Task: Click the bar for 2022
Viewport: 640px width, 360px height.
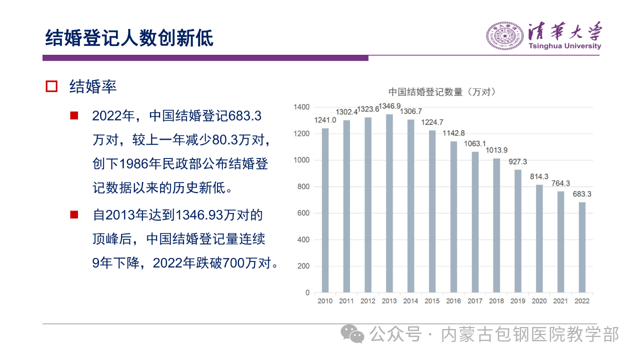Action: tap(582, 247)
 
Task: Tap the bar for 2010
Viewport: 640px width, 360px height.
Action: tap(325, 210)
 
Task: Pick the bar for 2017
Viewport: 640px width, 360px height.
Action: tap(475, 222)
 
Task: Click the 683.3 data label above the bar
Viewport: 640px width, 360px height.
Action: tap(582, 194)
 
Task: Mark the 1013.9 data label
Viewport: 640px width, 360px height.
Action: tap(496, 150)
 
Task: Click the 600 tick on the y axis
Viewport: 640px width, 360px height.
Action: tap(304, 213)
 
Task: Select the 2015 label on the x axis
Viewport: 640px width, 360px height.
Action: tap(432, 301)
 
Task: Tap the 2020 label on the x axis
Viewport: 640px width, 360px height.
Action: tap(539, 301)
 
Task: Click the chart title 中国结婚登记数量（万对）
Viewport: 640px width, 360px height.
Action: tap(442, 92)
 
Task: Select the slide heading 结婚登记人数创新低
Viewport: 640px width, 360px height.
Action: tap(129, 38)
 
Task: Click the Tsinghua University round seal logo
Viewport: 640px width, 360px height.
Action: tap(504, 35)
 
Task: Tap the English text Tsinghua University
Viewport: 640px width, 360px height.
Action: tap(564, 46)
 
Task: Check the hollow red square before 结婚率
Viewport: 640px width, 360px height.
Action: tap(51, 86)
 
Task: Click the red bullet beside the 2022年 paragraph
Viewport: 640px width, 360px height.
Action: tap(74, 115)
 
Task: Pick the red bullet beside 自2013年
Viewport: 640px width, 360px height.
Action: tap(74, 214)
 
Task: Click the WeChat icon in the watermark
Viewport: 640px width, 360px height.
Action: tap(353, 333)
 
